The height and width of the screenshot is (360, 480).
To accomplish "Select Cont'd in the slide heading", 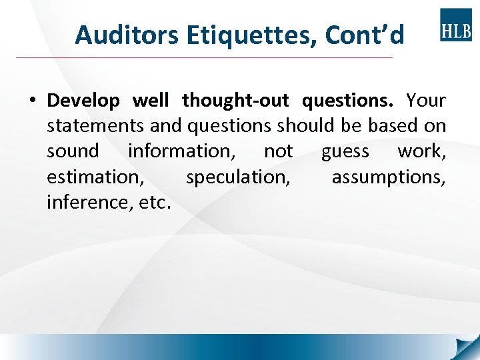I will coord(365,35).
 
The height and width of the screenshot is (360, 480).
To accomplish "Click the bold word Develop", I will coord(83,101).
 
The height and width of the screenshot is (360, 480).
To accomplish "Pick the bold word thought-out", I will coord(235,101).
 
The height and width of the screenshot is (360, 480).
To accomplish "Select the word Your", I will coord(426,101).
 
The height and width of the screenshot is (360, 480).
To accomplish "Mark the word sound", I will coord(73,151).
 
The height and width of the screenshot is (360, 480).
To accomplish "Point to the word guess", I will coord(345,152).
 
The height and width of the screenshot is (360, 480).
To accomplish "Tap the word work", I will coord(421,151).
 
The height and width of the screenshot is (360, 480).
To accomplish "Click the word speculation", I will coord(238,177).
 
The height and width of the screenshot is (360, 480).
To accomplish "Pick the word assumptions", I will coord(389,177).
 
